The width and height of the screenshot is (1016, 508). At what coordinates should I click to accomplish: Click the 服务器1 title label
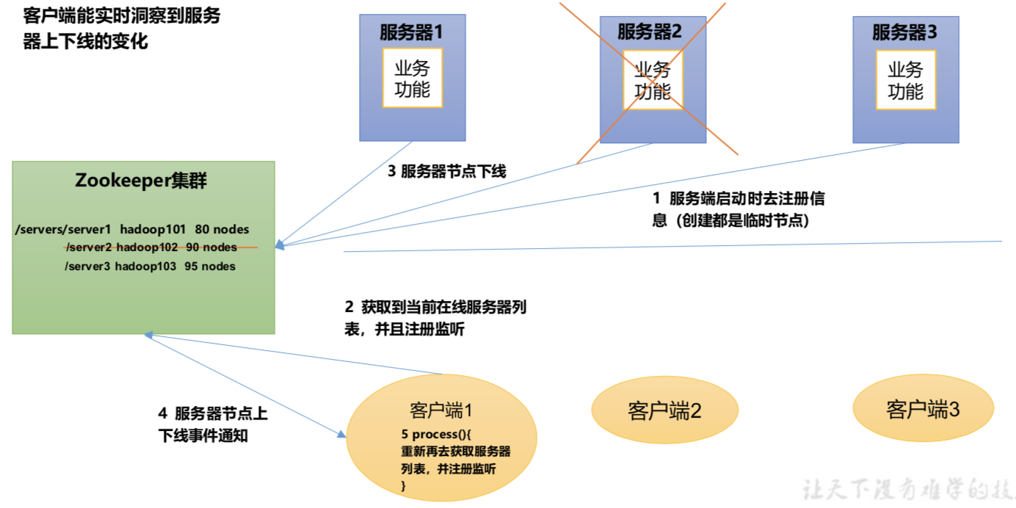(412, 32)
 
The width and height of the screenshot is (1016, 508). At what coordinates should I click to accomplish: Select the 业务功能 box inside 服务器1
(412, 79)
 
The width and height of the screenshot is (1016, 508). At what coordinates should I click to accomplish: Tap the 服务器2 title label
(650, 32)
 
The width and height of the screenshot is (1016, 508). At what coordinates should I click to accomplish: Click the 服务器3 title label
(904, 32)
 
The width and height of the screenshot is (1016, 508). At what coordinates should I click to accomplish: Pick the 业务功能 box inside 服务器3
(905, 80)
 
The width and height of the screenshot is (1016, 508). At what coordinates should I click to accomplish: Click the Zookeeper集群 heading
(142, 181)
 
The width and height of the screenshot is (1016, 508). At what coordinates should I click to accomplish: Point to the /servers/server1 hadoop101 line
(132, 230)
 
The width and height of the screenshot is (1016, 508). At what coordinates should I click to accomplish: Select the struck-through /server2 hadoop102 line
(151, 247)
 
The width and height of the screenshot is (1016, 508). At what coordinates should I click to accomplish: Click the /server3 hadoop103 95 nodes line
(150, 266)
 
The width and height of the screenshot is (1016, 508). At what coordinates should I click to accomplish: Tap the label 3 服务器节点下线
(446, 171)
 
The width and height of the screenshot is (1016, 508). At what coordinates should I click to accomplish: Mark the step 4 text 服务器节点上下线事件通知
(213, 424)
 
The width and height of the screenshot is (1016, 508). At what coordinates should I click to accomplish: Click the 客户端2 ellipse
(664, 410)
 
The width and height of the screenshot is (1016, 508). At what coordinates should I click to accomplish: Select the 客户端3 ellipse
(923, 409)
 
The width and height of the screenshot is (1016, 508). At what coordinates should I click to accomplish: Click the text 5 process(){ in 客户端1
(440, 434)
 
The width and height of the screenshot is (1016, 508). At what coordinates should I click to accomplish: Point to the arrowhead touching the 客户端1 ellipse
(341, 435)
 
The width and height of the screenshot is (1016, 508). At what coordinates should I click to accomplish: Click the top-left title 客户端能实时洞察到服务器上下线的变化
(122, 28)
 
